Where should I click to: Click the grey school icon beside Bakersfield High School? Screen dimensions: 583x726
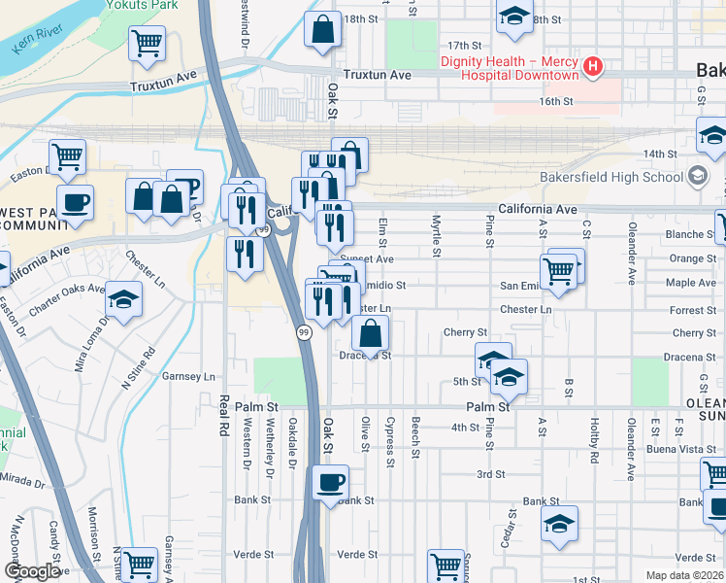click(x=697, y=177)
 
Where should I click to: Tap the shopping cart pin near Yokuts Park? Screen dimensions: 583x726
click(x=147, y=43)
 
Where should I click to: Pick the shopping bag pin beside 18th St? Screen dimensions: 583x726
click(x=322, y=29)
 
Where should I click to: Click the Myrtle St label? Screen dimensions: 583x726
click(x=437, y=236)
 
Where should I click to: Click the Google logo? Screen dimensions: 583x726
click(x=32, y=571)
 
